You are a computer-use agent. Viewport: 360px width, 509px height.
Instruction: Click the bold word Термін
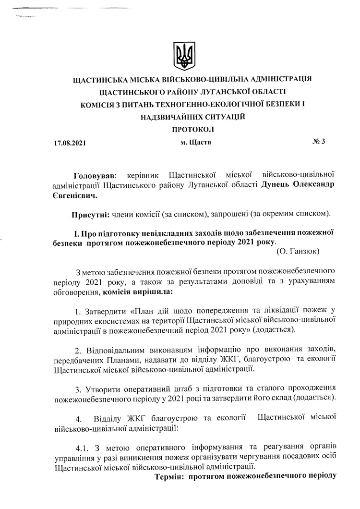pos(169,477)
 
